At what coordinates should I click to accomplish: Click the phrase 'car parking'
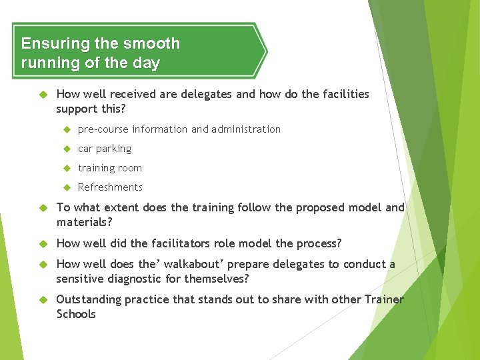point(105,149)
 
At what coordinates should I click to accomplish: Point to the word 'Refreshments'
point(110,187)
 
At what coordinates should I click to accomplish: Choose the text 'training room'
point(110,168)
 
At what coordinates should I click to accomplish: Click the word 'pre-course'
point(103,129)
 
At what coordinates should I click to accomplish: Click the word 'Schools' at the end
point(76,314)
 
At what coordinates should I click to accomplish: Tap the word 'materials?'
point(84,221)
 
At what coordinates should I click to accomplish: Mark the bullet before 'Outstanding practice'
point(45,300)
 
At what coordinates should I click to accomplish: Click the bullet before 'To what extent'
point(45,207)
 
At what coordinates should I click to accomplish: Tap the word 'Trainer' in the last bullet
point(384,300)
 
